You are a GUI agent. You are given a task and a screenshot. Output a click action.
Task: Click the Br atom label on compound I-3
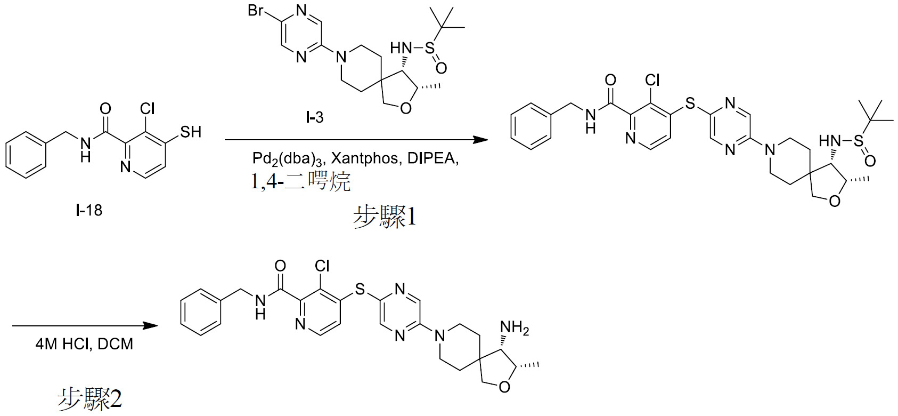coord(256,10)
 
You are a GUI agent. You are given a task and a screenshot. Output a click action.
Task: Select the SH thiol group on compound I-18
coord(191,132)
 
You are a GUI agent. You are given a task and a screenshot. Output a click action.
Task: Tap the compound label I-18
coord(89,210)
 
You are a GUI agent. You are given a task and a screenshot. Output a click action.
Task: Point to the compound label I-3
coord(314,118)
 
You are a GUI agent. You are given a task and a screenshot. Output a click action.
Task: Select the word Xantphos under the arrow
coord(364,158)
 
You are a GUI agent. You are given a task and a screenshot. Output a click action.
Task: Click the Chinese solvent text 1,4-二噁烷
coord(301,181)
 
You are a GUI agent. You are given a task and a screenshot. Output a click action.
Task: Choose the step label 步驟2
coord(89,399)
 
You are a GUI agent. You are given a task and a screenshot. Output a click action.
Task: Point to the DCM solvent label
coord(115,344)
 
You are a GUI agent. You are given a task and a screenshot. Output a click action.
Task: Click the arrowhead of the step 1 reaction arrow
coord(480,140)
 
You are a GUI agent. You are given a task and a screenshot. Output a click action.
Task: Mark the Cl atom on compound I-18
coord(147,108)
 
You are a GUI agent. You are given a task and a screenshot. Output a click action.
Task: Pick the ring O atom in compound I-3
coord(406,108)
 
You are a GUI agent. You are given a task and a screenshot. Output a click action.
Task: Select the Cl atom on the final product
coord(322,266)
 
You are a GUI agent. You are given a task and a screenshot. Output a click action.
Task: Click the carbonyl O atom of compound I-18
coord(105,108)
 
